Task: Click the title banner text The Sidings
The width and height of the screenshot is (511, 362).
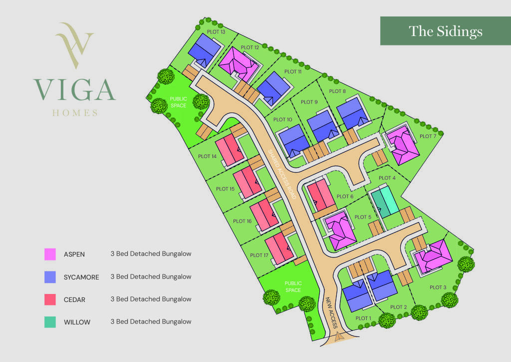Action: pyautogui.click(x=446, y=31)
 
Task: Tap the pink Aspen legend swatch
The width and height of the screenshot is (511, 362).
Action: pyautogui.click(x=50, y=254)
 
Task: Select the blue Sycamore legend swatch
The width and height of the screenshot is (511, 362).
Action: pyautogui.click(x=50, y=276)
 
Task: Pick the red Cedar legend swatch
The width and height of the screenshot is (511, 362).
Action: pyautogui.click(x=50, y=299)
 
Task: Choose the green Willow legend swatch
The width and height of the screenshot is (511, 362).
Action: pyautogui.click(x=50, y=321)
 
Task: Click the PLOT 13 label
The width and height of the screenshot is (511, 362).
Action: pyautogui.click(x=216, y=32)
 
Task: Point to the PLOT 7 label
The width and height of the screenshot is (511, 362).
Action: pyautogui.click(x=428, y=136)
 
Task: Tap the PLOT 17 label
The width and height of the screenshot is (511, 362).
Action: pyautogui.click(x=259, y=255)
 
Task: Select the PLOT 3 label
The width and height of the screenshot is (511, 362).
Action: pyautogui.click(x=438, y=287)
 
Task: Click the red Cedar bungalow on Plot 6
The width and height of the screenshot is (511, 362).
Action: pyautogui.click(x=321, y=196)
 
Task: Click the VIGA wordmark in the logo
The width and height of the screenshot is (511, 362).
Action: pyautogui.click(x=75, y=89)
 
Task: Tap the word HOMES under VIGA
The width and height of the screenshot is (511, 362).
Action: pyautogui.click(x=75, y=113)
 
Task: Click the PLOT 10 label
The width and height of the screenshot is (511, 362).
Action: pyautogui.click(x=282, y=119)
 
